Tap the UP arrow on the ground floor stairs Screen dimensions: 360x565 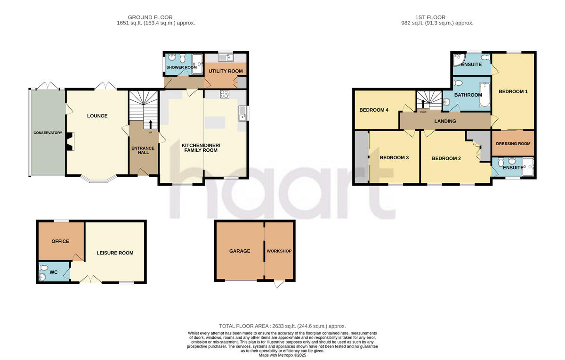[x=151, y=124]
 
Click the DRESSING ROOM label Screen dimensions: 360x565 [x=513, y=144]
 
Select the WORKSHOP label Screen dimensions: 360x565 [x=279, y=251]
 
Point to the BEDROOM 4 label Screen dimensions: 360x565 [x=374, y=110]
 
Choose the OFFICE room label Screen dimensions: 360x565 [x=60, y=241]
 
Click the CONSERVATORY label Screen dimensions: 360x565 [x=48, y=133]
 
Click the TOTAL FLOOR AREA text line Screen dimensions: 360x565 [x=282, y=326]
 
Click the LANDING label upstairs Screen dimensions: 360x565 [x=445, y=121]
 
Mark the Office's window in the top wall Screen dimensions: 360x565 [x=60, y=221]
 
